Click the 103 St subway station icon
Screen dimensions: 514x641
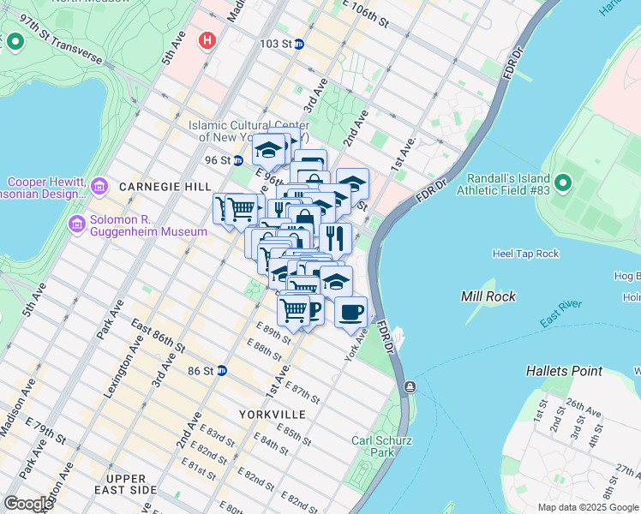pyautogui.click(x=298, y=44)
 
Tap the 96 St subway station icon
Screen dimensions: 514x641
pyautogui.click(x=238, y=160)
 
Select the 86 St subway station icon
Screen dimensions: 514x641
pyautogui.click(x=221, y=370)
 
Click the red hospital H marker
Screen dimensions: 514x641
pyautogui.click(x=206, y=40)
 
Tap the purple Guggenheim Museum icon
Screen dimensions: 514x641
pyautogui.click(x=76, y=224)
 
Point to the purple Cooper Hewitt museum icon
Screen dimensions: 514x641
pyautogui.click(x=99, y=186)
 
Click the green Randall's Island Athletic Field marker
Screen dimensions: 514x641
pyautogui.click(x=563, y=183)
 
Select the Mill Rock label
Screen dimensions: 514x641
pyautogui.click(x=486, y=296)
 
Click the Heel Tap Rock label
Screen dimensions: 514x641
pyautogui.click(x=525, y=254)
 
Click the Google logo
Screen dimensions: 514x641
pyautogui.click(x=28, y=504)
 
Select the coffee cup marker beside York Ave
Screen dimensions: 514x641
pyautogui.click(x=350, y=311)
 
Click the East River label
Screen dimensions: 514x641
pyautogui.click(x=562, y=314)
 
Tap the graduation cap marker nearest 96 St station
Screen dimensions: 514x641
pyautogui.click(x=268, y=150)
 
